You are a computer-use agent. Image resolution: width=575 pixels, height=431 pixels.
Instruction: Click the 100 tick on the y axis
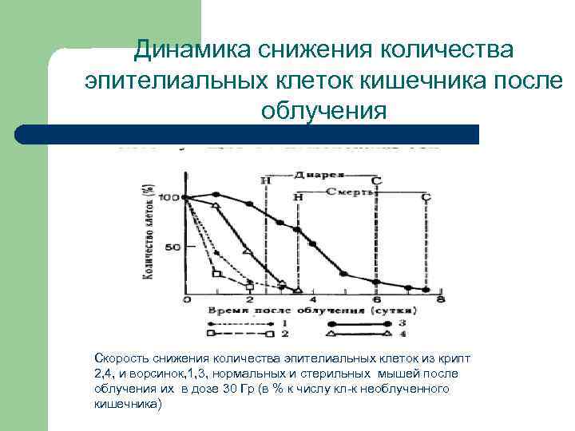169,197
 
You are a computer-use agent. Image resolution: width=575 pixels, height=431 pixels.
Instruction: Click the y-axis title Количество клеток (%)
149,231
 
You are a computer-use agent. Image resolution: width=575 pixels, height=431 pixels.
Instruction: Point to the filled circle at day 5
344,273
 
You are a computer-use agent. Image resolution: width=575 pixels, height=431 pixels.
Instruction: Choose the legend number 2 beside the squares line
284,333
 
